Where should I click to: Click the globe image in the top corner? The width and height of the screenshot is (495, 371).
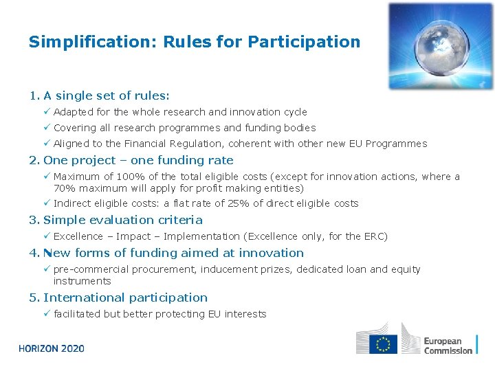click(x=440, y=46)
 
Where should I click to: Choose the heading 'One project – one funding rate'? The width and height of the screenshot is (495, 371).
click(x=138, y=160)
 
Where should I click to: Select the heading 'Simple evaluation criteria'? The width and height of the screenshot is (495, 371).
click(x=122, y=220)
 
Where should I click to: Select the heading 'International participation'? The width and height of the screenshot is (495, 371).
click(x=125, y=297)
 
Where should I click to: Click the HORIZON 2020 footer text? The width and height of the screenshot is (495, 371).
click(x=52, y=348)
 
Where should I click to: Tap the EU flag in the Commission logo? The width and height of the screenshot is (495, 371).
click(x=383, y=344)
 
